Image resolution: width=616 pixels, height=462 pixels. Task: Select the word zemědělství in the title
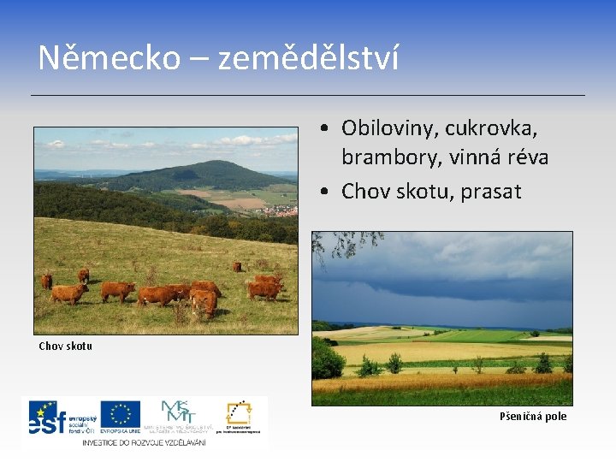pyautogui.click(x=308, y=59)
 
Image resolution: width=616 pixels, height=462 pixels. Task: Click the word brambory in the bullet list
pyautogui.click(x=382, y=158)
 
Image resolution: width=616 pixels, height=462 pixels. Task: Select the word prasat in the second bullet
pyautogui.click(x=490, y=192)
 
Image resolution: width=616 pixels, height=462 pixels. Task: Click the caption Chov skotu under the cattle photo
pyautogui.click(x=65, y=346)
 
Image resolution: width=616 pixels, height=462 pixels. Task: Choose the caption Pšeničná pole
pyautogui.click(x=532, y=417)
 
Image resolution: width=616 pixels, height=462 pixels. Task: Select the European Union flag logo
pyautogui.click(x=120, y=414)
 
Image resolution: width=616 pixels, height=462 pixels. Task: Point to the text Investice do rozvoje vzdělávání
pyautogui.click(x=143, y=441)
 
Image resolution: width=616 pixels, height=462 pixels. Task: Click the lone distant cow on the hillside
pyautogui.click(x=237, y=266)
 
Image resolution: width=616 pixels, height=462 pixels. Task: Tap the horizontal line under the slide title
pyautogui.click(x=308, y=94)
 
